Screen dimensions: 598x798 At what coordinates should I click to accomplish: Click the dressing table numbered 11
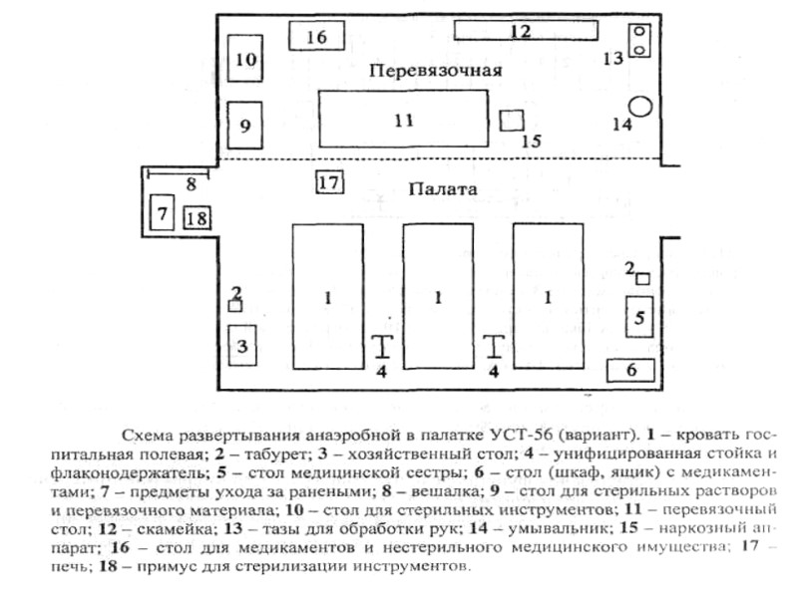[x=402, y=120]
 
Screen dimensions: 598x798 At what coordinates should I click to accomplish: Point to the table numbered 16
[x=316, y=36]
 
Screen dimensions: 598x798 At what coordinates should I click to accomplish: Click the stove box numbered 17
[x=329, y=182]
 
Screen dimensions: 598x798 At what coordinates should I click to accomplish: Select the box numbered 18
[x=198, y=217]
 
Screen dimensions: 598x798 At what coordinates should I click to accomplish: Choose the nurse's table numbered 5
[x=640, y=319]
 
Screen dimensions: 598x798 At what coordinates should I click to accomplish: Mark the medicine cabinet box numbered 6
[x=630, y=370]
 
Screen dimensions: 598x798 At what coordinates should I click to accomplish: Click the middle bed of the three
[x=438, y=296]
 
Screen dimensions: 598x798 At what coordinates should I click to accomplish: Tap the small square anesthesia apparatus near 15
[x=512, y=120]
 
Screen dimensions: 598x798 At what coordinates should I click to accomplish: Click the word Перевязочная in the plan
[x=432, y=71]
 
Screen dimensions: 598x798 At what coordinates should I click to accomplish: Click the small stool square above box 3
[x=234, y=306]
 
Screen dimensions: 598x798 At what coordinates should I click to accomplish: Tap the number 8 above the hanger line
[x=190, y=183]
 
